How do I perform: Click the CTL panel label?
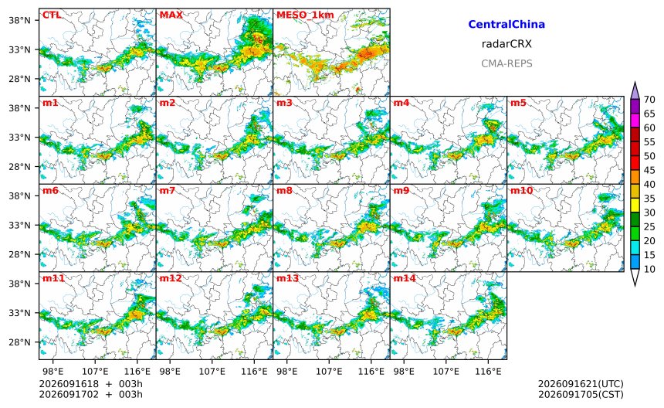(x=52, y=15)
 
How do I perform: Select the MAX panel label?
(x=171, y=15)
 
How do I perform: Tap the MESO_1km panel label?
(x=305, y=15)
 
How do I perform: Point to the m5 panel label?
(x=518, y=103)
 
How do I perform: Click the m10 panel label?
(x=521, y=190)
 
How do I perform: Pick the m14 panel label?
(x=405, y=278)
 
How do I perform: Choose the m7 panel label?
(x=168, y=190)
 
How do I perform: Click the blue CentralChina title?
(x=506, y=24)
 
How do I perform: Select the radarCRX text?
(x=506, y=43)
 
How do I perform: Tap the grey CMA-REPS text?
(x=506, y=63)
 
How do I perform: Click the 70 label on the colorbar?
(x=649, y=100)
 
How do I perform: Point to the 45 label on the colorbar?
(x=649, y=170)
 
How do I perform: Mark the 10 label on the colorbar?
(x=649, y=269)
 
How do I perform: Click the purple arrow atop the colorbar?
(x=635, y=90)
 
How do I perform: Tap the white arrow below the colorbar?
(x=635, y=277)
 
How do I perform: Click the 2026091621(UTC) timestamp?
(x=581, y=384)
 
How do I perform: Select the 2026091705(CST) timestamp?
(x=581, y=394)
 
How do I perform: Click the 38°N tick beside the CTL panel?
(x=20, y=20)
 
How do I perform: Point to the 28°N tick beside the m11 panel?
(x=20, y=342)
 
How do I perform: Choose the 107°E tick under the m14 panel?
(x=446, y=372)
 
